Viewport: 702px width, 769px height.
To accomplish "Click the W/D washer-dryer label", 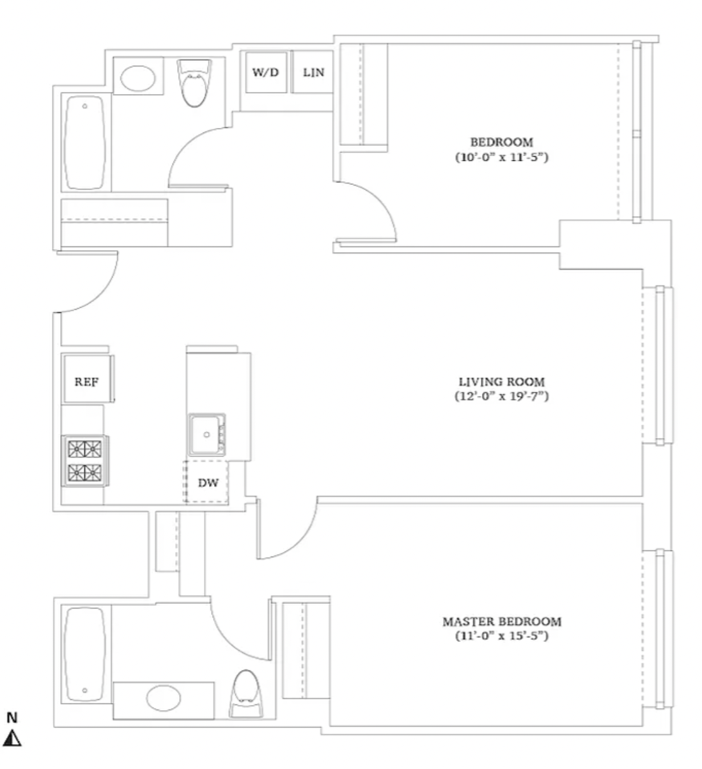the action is pos(265,72).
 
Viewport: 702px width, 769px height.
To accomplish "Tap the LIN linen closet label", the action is pos(313,72).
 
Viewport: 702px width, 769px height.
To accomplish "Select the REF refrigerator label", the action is pos(86,381).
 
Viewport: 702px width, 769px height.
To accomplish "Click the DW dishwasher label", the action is pos(208,482).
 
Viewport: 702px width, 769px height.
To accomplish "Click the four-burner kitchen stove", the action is pos(85,461).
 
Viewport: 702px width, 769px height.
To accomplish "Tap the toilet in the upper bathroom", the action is pos(194,83).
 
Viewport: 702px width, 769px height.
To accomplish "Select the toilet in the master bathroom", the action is pos(246,694).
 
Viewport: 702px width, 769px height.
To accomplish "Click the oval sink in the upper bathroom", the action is pos(138,78).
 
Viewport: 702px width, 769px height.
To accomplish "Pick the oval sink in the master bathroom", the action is pos(163,698).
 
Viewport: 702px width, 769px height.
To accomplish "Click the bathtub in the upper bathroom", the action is pos(84,143).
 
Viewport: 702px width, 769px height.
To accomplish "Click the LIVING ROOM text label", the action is pos(502,382).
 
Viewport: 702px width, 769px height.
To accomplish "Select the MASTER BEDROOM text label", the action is pos(502,621).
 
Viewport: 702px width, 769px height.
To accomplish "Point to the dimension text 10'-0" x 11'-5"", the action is pos(502,157).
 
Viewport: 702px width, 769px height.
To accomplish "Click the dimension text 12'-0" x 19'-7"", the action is pos(502,396).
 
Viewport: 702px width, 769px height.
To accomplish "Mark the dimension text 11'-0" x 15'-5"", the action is pos(502,635).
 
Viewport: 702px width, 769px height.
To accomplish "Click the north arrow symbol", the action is pos(12,738).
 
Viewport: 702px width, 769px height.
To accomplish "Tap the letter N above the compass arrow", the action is pos(12,718).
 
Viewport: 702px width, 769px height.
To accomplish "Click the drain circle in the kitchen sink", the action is pos(207,434).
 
